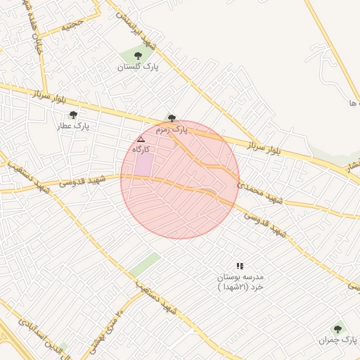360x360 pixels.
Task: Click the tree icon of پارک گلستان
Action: (x=137, y=55)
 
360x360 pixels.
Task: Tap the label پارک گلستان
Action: (x=139, y=67)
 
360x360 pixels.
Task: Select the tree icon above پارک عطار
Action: (x=73, y=115)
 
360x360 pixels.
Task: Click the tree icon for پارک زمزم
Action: (x=172, y=118)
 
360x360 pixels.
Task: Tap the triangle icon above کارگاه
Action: (x=141, y=139)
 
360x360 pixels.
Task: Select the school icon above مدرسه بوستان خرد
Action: (x=240, y=266)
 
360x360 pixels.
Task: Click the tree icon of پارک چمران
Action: (x=337, y=328)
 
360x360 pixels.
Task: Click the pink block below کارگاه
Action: (x=144, y=163)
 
